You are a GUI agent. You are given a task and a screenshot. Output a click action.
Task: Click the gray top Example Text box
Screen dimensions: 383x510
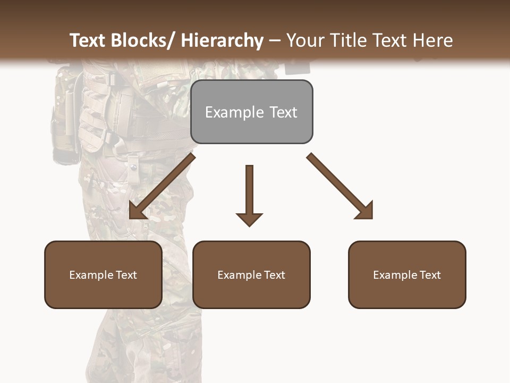[251, 112]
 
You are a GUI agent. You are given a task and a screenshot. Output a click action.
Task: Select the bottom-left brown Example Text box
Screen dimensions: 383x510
[103, 274]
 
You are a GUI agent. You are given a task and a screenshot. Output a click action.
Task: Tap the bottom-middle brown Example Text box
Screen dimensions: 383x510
[251, 274]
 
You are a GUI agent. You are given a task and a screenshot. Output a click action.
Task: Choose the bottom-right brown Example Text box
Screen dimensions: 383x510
[407, 274]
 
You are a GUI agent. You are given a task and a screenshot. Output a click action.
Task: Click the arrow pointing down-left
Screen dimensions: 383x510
[161, 186]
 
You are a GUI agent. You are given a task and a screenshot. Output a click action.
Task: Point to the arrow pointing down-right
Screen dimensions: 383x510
[340, 186]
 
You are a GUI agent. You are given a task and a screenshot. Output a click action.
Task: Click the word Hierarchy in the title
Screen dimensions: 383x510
[222, 40]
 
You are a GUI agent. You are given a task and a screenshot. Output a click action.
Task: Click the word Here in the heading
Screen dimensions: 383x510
[433, 40]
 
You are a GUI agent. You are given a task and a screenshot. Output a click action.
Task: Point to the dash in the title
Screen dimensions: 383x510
[275, 41]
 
